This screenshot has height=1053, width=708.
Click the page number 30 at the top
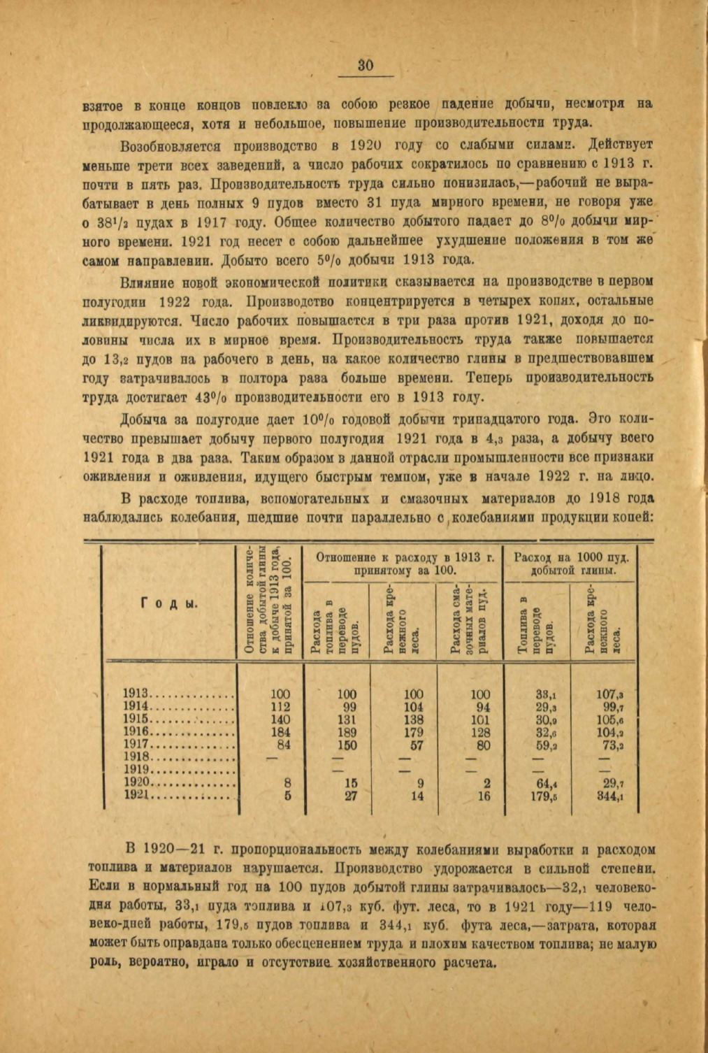[x=366, y=65]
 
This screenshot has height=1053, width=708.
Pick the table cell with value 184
[x=280, y=733]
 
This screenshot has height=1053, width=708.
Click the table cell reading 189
[x=347, y=733]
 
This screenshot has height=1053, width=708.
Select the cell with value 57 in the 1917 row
[x=415, y=745]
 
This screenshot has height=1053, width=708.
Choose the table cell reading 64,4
[x=542, y=783]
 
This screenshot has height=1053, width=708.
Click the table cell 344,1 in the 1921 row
[x=610, y=796]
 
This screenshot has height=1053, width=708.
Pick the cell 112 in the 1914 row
[x=280, y=707]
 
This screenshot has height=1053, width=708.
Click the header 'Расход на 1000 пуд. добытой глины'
[x=572, y=564]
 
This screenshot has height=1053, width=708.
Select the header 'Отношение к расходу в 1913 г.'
[x=405, y=557]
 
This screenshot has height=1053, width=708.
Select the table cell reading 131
[x=347, y=719]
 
